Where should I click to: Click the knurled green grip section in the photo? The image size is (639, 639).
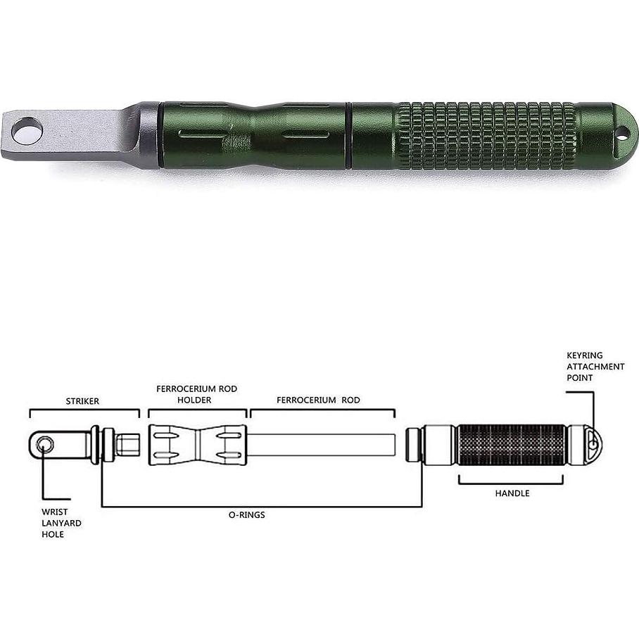pos(486,134)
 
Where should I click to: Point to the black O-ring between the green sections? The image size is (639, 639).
pos(348,134)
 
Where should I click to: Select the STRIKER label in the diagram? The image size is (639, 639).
pos(82,400)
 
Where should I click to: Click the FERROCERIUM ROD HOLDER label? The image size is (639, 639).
pos(197,394)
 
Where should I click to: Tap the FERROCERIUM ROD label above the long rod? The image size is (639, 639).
pos(318,400)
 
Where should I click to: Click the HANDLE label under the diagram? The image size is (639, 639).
pos(512,493)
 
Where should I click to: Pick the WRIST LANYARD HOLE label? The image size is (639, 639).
pos(60,523)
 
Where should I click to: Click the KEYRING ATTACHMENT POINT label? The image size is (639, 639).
pos(595,367)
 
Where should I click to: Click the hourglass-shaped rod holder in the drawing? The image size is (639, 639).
pos(198,445)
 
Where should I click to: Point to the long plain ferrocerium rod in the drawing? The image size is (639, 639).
pos(320,445)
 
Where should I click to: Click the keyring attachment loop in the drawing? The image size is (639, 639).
pos(593,444)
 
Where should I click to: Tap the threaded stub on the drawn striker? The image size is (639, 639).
pos(128,445)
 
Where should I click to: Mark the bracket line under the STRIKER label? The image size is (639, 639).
pos(84,410)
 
